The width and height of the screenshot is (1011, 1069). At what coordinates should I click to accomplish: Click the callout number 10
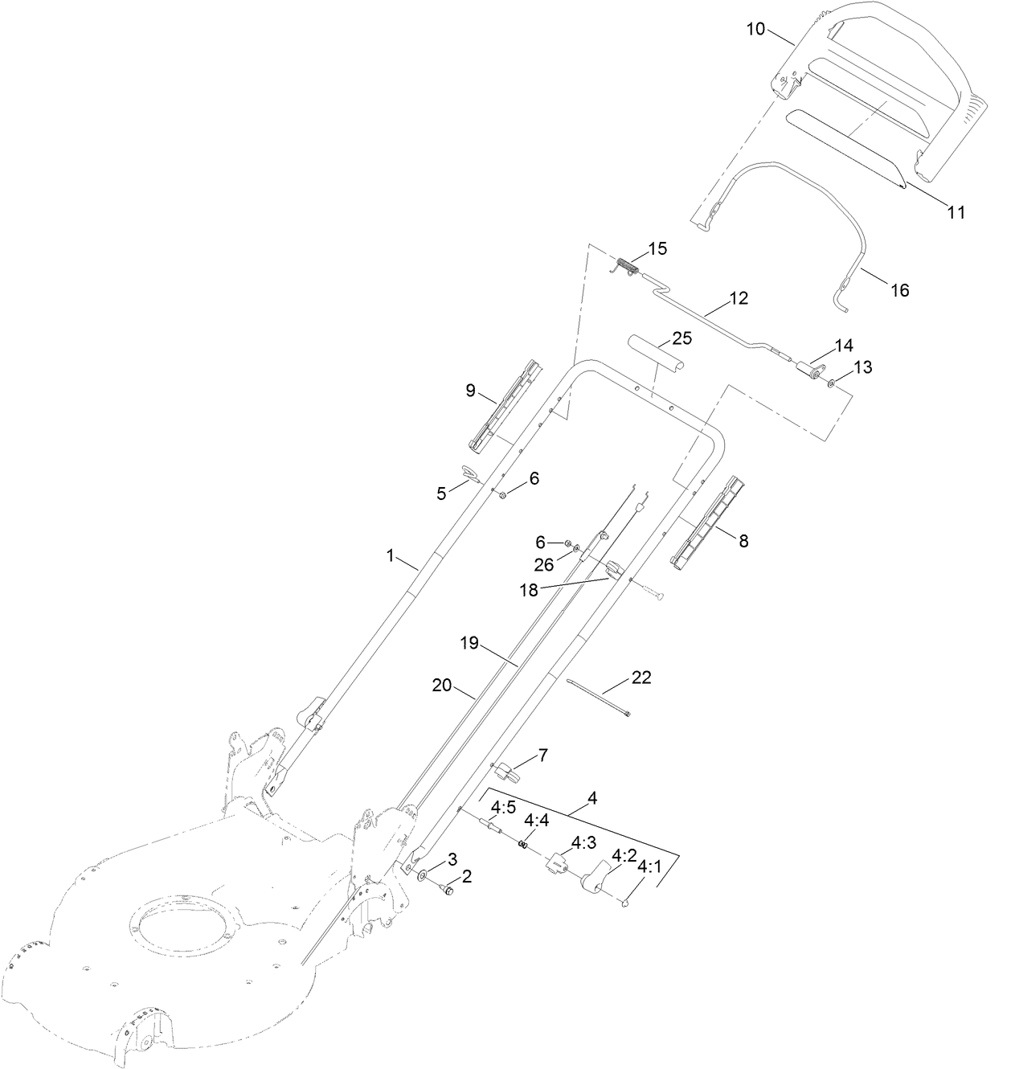click(x=755, y=29)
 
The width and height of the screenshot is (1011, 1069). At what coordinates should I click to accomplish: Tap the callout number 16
click(x=899, y=290)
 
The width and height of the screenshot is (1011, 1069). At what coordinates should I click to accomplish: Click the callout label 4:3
click(x=583, y=842)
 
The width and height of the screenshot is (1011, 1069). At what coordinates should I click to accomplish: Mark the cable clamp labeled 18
click(x=613, y=571)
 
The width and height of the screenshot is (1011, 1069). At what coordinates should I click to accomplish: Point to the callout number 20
click(x=442, y=686)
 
